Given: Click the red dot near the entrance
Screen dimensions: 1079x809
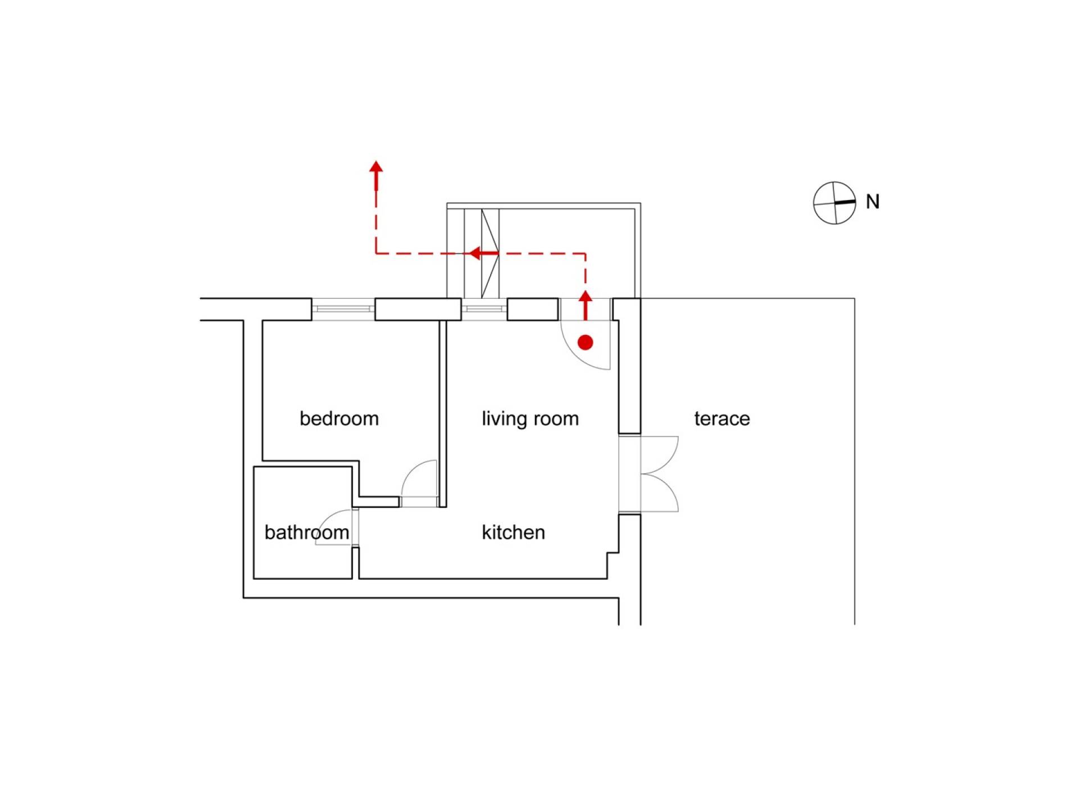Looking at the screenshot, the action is (586, 342).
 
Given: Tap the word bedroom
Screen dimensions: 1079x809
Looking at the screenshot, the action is (339, 419).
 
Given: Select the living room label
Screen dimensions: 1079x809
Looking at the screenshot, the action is (530, 419).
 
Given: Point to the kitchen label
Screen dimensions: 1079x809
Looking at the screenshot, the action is (514, 532).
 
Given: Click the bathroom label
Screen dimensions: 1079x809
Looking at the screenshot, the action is (307, 532).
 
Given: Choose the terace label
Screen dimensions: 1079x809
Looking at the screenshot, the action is (722, 419).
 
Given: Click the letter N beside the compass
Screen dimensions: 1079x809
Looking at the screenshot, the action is (873, 202).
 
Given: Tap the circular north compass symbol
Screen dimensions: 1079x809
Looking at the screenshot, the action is (835, 203).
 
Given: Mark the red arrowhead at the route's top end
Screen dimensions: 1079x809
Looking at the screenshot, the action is (376, 166).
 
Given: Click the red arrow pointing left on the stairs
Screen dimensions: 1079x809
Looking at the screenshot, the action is (484, 253).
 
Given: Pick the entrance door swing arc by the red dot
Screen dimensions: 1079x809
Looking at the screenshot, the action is (576, 356).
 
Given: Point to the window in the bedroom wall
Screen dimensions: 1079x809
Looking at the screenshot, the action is (343, 309).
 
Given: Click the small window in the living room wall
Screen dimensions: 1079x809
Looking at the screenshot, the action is (484, 309).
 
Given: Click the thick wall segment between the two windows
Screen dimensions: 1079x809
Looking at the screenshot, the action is (418, 310).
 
